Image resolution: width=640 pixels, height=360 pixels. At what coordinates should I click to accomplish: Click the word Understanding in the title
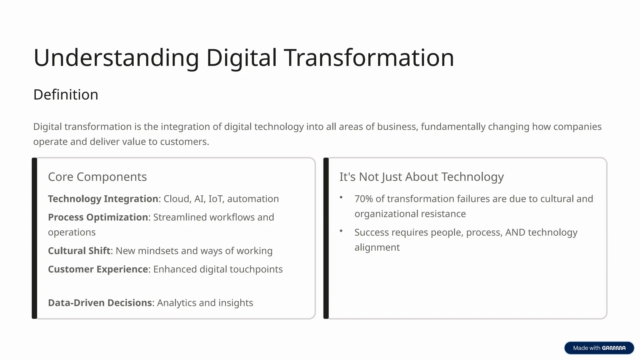[116, 58]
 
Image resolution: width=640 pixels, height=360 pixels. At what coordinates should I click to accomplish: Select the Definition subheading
[66, 95]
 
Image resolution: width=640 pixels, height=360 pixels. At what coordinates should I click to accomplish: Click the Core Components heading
[97, 177]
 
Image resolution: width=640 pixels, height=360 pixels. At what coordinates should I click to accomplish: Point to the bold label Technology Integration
[103, 199]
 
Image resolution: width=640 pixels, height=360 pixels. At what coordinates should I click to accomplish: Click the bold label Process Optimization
[98, 217]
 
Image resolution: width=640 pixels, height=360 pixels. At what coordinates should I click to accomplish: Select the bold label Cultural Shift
[79, 251]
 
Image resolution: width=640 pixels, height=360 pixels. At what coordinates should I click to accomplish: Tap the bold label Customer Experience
[98, 269]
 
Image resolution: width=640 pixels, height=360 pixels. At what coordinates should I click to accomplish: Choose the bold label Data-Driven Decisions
[100, 302]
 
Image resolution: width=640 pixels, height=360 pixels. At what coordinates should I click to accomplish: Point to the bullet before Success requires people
[341, 231]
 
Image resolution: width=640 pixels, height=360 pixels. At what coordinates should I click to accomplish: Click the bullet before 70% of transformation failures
[341, 197]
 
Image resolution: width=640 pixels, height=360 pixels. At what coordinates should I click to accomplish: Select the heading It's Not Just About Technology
[421, 177]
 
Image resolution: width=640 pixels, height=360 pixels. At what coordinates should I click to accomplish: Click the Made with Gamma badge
[599, 348]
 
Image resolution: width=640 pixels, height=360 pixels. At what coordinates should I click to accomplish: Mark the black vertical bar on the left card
[34, 238]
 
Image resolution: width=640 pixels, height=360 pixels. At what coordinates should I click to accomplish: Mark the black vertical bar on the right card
[326, 238]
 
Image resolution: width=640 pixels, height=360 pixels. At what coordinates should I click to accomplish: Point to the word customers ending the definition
[184, 142]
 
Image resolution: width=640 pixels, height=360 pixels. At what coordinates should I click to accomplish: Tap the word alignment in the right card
[377, 247]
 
